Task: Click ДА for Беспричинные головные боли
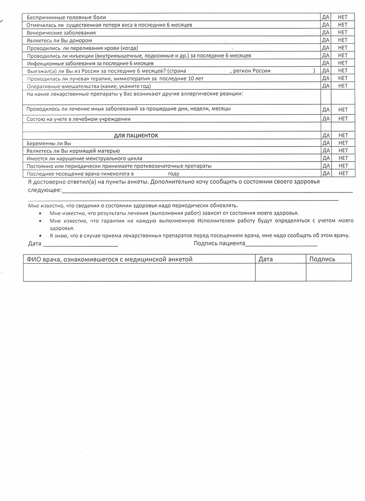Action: click(x=326, y=17)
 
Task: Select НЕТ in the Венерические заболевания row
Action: click(x=343, y=33)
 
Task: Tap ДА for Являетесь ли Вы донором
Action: click(x=326, y=40)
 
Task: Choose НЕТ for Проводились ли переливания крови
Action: click(x=343, y=48)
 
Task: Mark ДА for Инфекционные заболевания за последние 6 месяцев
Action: click(x=326, y=63)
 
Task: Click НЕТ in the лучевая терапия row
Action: click(x=343, y=78)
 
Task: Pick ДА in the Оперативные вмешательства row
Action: click(x=326, y=86)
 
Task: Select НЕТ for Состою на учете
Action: click(x=343, y=119)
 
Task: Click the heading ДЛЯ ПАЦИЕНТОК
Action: click(x=136, y=135)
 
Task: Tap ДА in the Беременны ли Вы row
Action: click(x=326, y=143)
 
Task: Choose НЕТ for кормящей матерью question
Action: click(x=343, y=150)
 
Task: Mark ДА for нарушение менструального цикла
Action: click(x=326, y=158)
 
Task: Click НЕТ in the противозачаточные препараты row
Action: click(x=343, y=166)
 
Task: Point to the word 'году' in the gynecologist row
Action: click(x=174, y=174)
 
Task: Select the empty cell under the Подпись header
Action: click(x=329, y=272)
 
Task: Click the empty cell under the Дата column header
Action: click(x=280, y=272)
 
